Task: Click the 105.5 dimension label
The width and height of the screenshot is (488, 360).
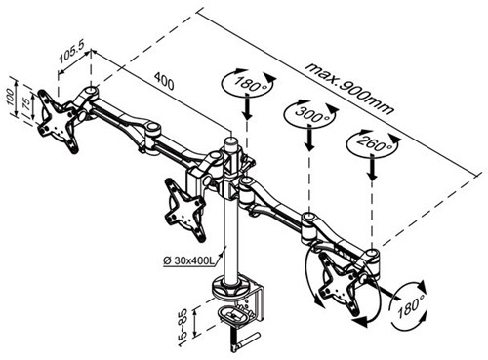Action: coord(70,53)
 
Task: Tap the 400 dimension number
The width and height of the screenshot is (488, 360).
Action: coord(164,81)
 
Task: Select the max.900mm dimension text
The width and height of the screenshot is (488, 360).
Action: coord(349,90)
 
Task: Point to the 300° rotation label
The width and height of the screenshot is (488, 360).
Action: coord(309,113)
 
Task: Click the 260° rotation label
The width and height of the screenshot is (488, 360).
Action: coord(373,143)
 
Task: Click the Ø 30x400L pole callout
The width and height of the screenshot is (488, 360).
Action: coord(188,260)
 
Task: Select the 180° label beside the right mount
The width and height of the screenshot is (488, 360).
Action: coord(409,307)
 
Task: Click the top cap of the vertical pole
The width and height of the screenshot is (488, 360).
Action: coord(231,141)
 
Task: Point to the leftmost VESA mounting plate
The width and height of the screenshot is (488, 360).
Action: coord(58,121)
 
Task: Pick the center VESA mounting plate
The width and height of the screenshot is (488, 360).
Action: coord(184,209)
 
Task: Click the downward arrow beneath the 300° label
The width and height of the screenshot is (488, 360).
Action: coord(310,138)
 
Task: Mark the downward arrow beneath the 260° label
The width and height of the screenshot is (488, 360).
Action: coord(373,168)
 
